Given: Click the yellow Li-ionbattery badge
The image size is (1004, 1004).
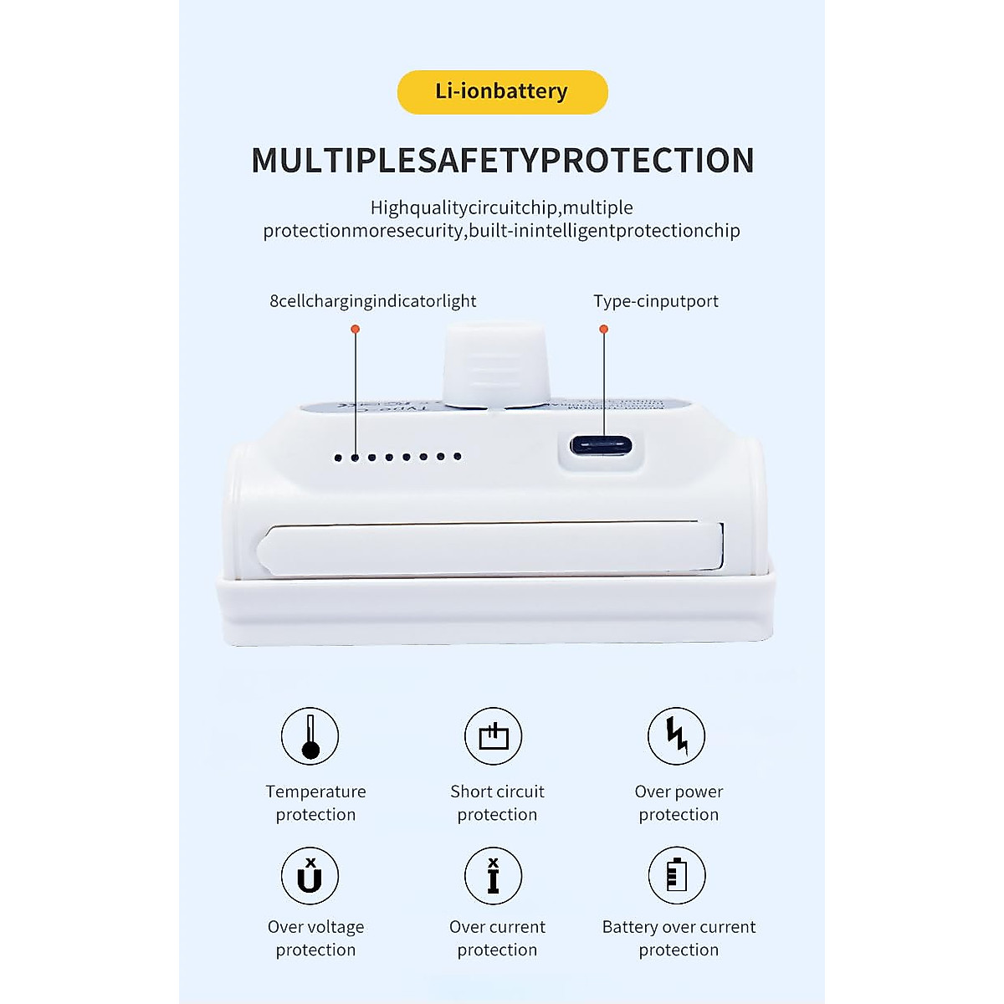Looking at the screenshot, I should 502,92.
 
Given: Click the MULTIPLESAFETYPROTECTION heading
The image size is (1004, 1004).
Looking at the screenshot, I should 503,161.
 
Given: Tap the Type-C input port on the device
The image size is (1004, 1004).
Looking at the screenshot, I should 601,445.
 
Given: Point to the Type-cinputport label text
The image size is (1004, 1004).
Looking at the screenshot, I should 656,301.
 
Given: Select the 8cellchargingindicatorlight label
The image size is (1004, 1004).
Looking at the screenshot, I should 372,301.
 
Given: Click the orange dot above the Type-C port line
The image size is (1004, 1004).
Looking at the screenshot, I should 604,329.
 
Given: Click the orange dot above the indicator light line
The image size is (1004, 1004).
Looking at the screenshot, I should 355,329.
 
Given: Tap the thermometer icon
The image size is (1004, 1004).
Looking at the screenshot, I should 310,736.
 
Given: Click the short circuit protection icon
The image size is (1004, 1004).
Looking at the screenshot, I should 494,736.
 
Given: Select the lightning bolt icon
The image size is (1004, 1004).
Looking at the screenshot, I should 677,736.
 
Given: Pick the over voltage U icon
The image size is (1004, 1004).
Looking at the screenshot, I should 310,876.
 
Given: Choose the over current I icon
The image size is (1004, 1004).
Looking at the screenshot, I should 494,876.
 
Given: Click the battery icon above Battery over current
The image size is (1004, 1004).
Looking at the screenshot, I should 677,876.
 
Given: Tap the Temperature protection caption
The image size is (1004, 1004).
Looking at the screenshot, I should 315,803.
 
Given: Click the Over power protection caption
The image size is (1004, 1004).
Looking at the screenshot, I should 679,803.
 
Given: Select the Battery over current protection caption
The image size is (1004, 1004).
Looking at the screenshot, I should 679,938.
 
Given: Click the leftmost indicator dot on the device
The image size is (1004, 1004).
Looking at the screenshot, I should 338,458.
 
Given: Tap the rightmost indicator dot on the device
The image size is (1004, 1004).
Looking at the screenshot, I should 457,456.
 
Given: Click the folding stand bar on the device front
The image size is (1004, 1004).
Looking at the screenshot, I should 489,549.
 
